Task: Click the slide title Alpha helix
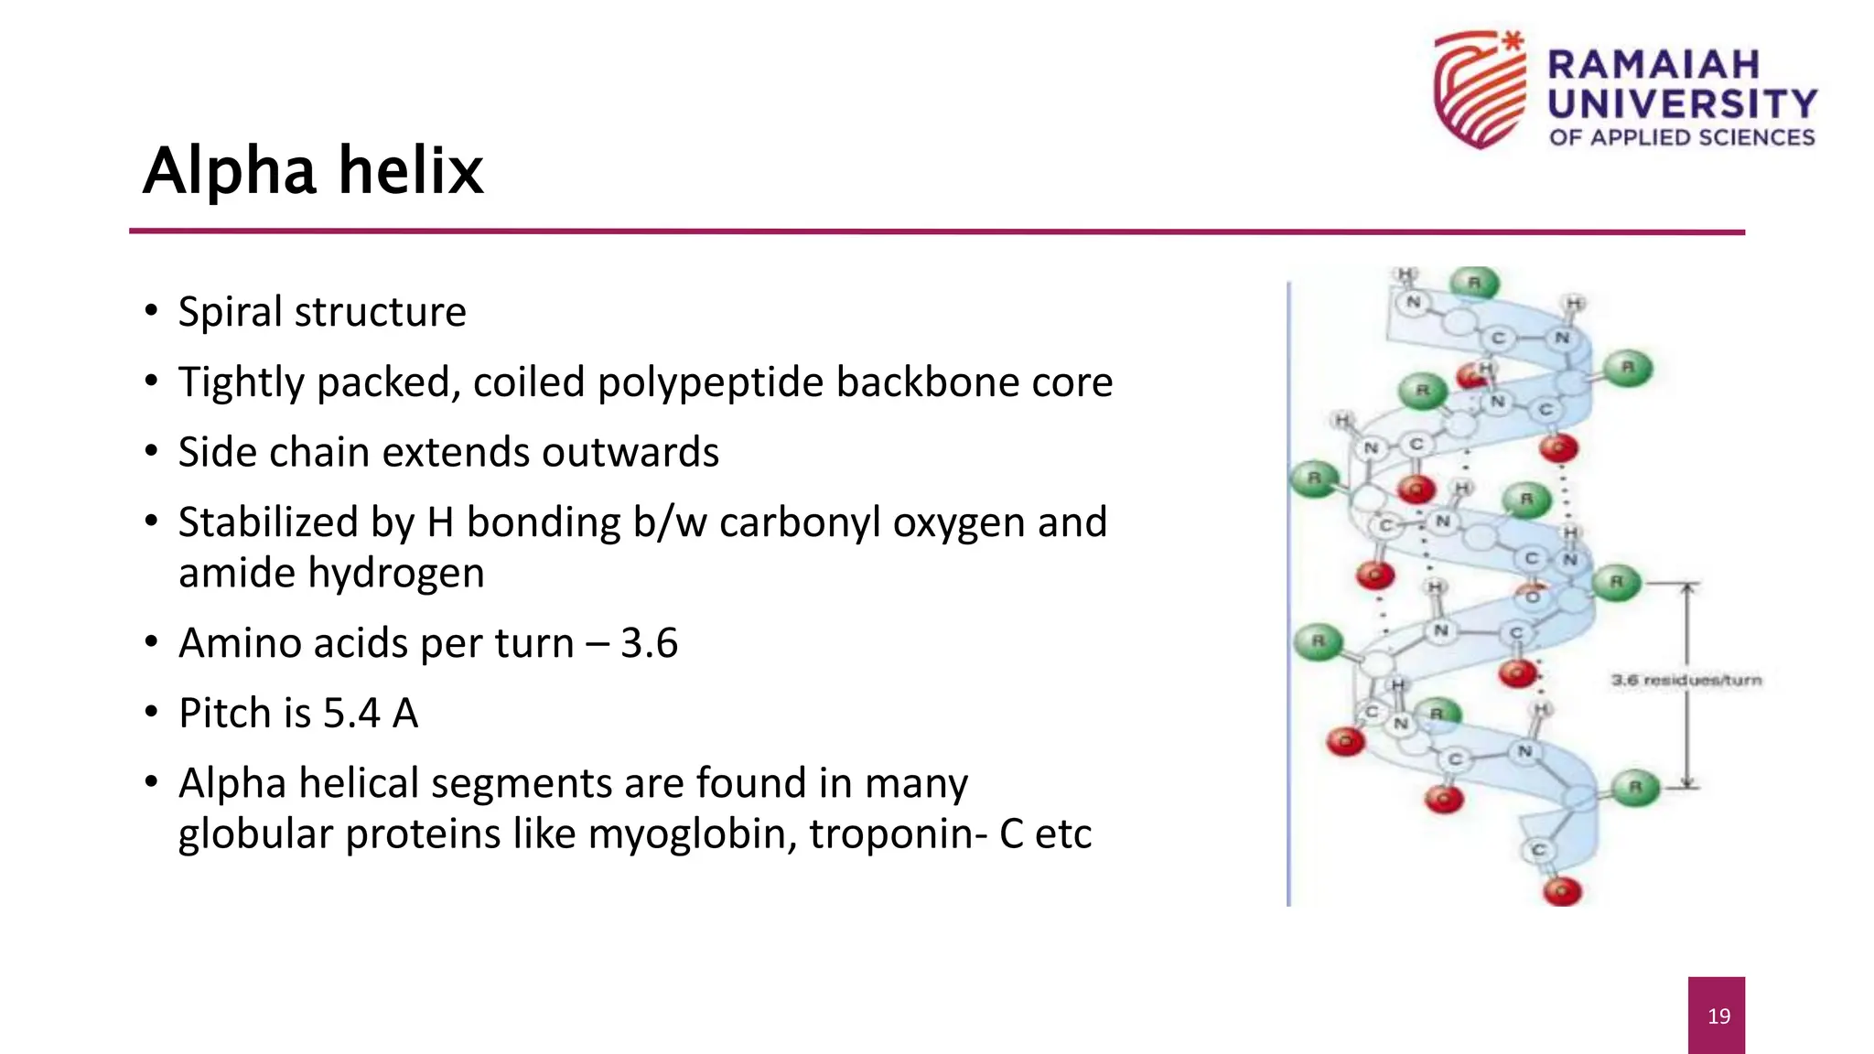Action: [x=313, y=171]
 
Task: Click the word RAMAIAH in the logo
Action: [x=1653, y=65]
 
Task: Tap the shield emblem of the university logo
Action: [x=1480, y=90]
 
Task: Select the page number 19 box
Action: [x=1716, y=1015]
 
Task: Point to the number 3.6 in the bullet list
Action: [x=649, y=643]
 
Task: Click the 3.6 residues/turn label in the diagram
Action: [x=1686, y=680]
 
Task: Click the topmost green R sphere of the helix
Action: [x=1474, y=283]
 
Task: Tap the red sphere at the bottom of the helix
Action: [x=1562, y=890]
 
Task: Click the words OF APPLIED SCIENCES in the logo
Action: [x=1681, y=138]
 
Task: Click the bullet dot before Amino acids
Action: [x=152, y=641]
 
